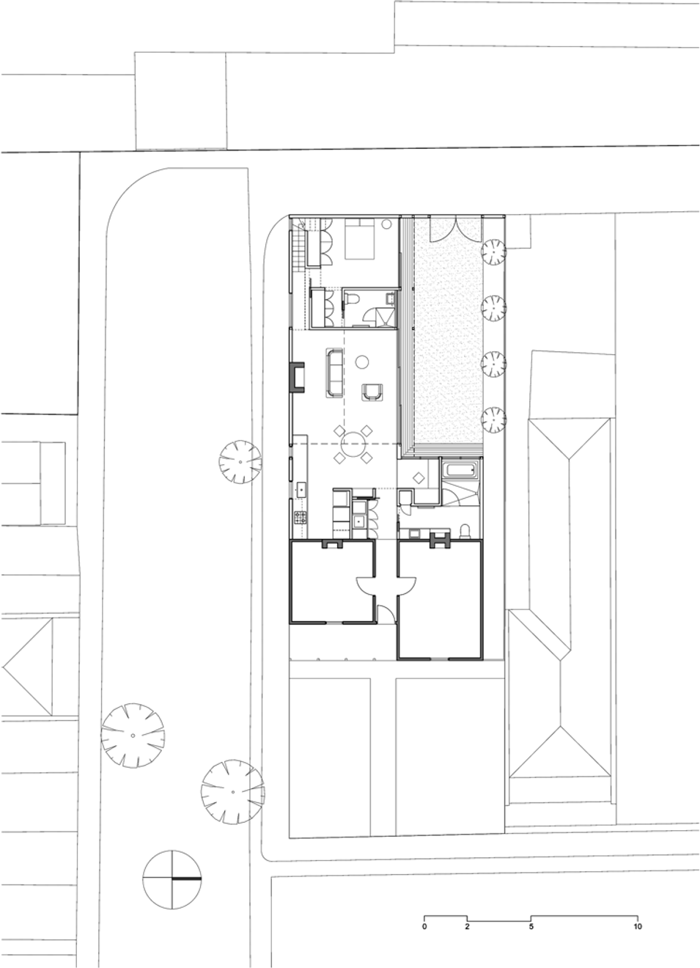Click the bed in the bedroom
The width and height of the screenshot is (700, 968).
pos(360,239)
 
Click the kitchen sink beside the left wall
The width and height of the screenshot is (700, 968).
pos(301,490)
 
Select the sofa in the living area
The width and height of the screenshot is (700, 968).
pos(333,373)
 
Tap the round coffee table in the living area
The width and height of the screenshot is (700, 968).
pos(361,361)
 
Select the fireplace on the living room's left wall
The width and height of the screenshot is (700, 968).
pos(298,377)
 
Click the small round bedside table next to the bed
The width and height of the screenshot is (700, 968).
pos(387,224)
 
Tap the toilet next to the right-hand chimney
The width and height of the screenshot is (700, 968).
pos(465,531)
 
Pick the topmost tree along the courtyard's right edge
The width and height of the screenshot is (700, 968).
pos(493,251)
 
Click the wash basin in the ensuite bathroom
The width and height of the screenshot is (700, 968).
pos(391,298)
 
